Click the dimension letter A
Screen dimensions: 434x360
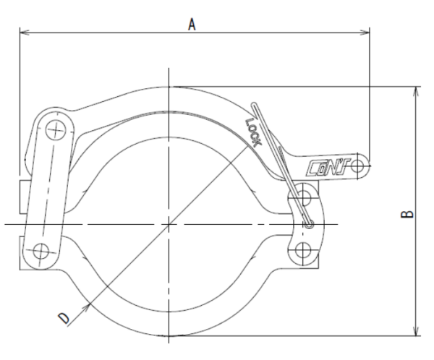[192, 24]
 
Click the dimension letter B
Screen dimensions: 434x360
[407, 214]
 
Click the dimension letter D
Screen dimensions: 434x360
[64, 318]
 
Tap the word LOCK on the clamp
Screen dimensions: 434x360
[254, 132]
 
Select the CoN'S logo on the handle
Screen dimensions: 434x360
[328, 168]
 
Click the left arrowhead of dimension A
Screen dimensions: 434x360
[25, 33]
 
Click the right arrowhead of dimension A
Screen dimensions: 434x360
[365, 33]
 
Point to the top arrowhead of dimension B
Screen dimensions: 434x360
[416, 91]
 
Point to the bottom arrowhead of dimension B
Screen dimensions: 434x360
[416, 331]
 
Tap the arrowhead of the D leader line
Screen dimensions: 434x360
[88, 307]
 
